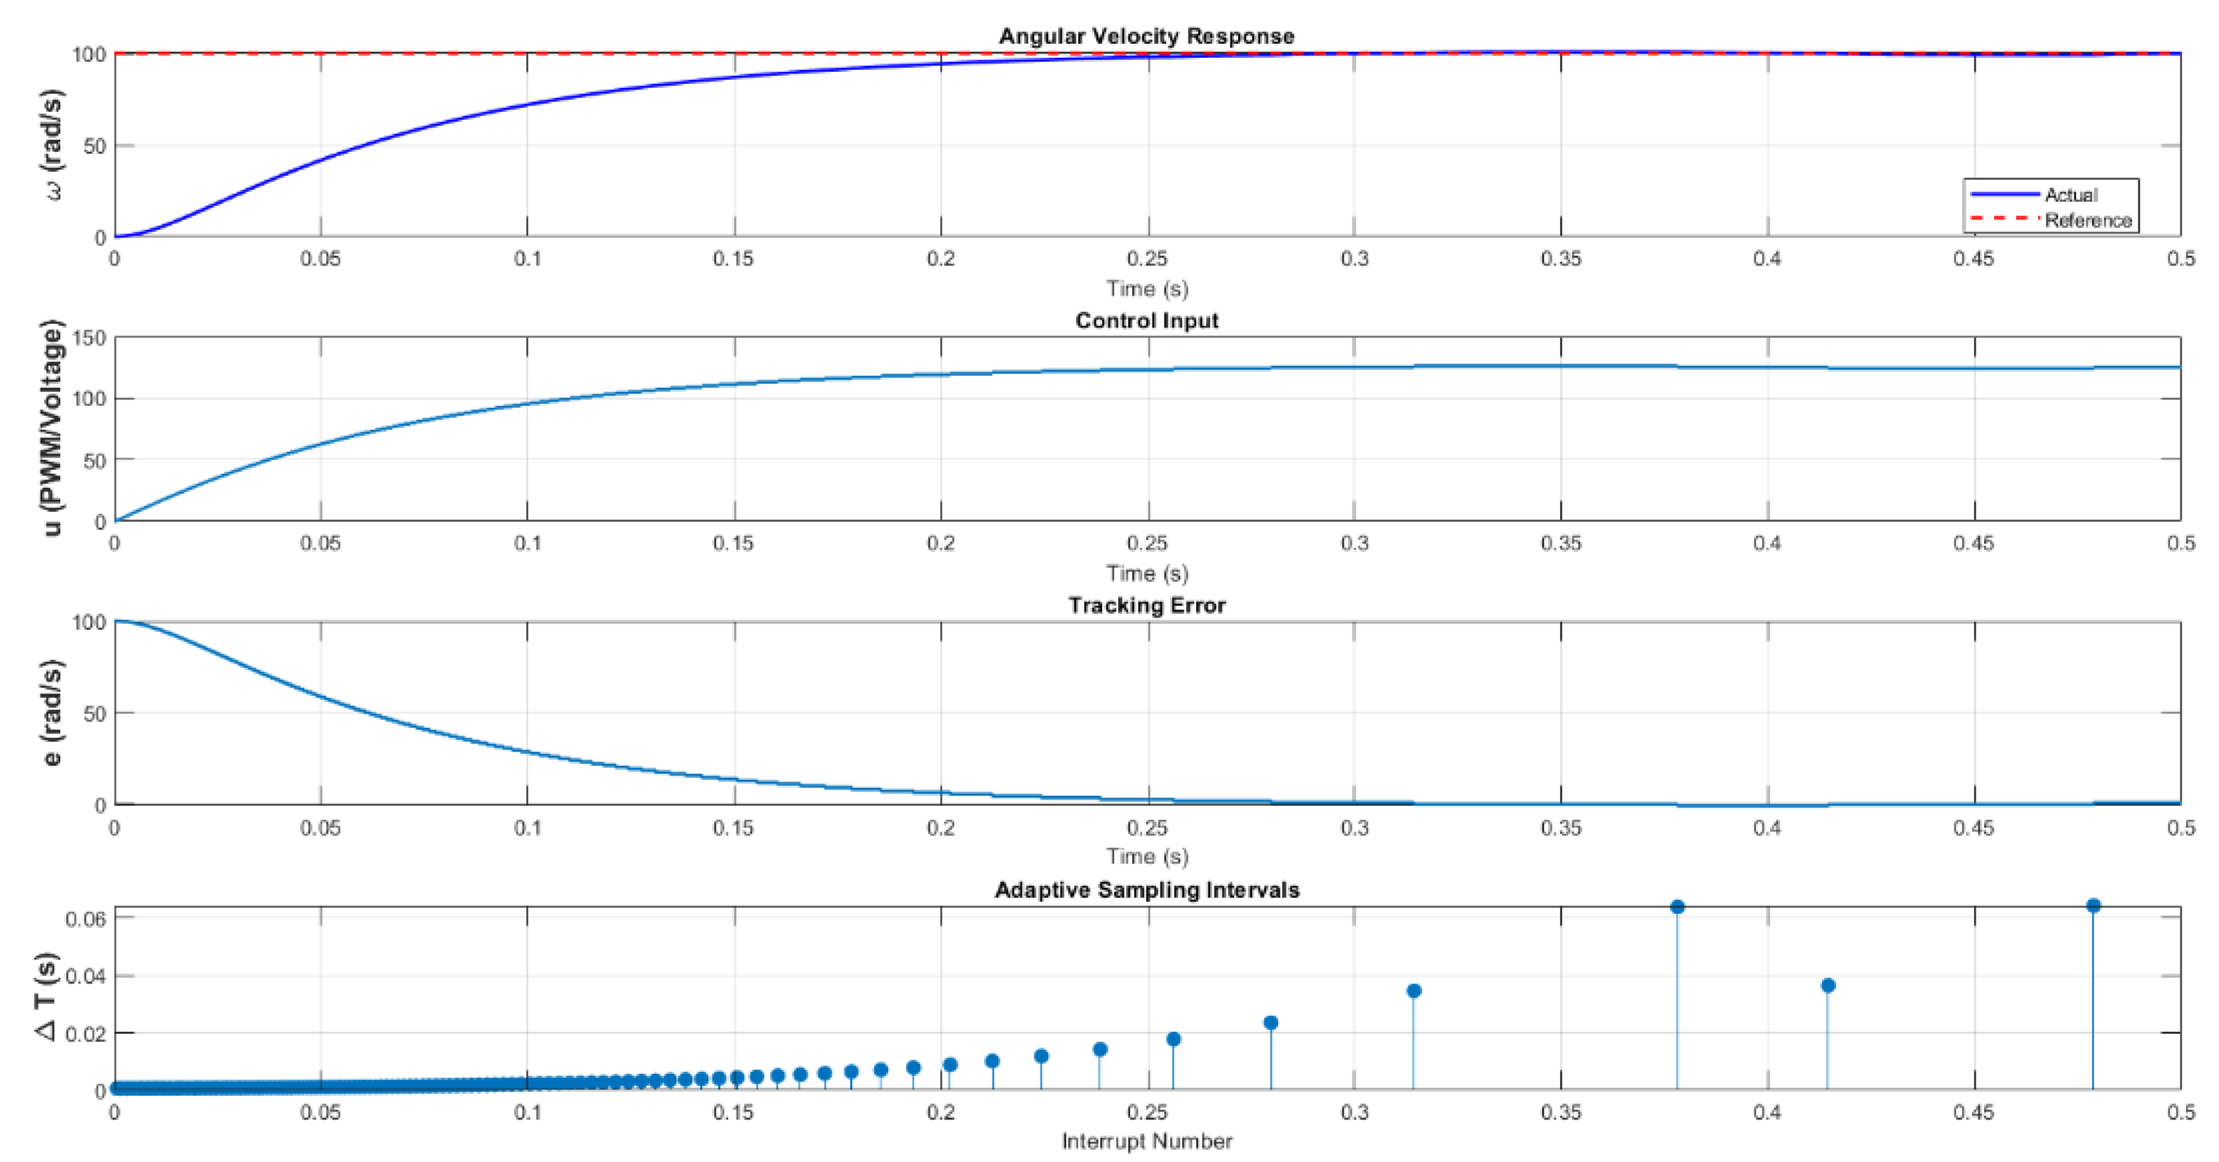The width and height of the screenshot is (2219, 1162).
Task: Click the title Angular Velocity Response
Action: (1147, 36)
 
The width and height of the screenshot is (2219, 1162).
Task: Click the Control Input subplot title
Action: (1147, 321)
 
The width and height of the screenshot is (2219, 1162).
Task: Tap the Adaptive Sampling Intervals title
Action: (1147, 890)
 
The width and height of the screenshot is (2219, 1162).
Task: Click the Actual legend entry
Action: (2071, 195)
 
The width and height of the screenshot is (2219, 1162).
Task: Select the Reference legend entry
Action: (2087, 220)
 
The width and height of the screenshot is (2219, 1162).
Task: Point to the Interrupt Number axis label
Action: (1147, 1141)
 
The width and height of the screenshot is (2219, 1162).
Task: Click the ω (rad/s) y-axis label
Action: (53, 145)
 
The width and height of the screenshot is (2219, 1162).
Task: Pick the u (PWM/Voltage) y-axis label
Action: (53, 428)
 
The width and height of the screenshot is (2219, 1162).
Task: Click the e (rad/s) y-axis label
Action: (53, 713)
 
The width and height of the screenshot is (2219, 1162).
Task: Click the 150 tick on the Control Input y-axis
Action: (90, 338)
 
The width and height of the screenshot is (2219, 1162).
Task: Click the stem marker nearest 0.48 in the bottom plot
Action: (2093, 905)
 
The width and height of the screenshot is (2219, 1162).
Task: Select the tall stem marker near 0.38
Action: (1677, 907)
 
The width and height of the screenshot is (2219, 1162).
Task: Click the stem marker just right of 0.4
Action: (1828, 985)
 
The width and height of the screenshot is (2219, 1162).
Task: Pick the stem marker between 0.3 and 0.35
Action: (1413, 991)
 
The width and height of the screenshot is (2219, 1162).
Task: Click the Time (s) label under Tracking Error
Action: (1147, 856)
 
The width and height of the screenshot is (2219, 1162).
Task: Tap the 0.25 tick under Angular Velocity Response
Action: (1147, 258)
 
